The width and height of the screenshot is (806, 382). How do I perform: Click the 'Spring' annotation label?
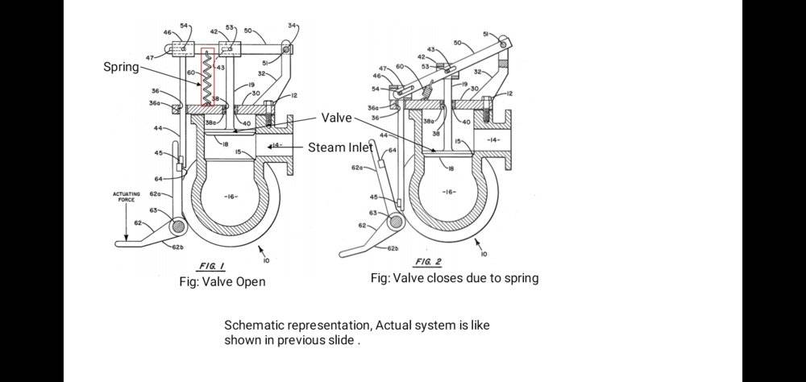click(121, 67)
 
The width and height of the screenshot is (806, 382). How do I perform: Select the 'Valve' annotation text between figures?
click(336, 118)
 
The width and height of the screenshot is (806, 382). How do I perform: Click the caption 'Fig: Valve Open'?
click(222, 281)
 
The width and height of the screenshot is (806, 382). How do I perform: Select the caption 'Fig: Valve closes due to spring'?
click(455, 278)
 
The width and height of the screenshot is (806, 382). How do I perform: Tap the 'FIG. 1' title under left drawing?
click(213, 266)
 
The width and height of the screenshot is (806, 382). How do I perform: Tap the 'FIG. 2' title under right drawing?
click(427, 263)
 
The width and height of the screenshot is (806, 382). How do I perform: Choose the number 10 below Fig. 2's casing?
click(483, 254)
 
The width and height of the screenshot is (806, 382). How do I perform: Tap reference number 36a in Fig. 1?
click(155, 103)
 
